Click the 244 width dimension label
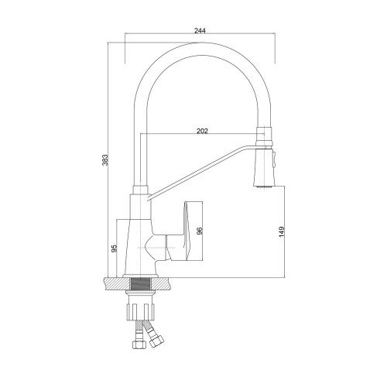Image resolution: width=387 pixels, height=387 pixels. point(200,31)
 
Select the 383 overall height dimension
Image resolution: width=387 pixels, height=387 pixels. point(105,160)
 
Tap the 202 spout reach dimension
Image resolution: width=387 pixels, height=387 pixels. point(202,131)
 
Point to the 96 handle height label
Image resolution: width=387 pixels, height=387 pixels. point(200,231)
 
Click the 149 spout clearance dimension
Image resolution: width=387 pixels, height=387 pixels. point(282,231)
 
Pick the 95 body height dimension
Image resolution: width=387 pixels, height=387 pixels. point(114,248)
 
